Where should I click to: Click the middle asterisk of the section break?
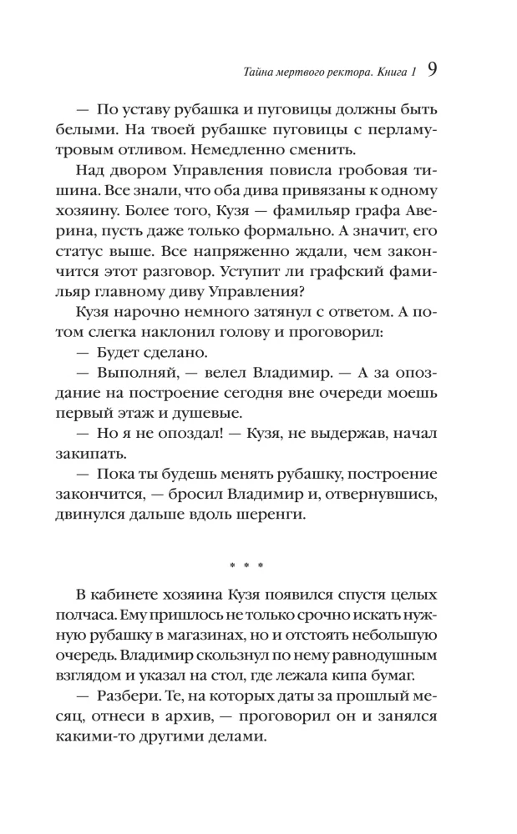(x=246, y=566)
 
